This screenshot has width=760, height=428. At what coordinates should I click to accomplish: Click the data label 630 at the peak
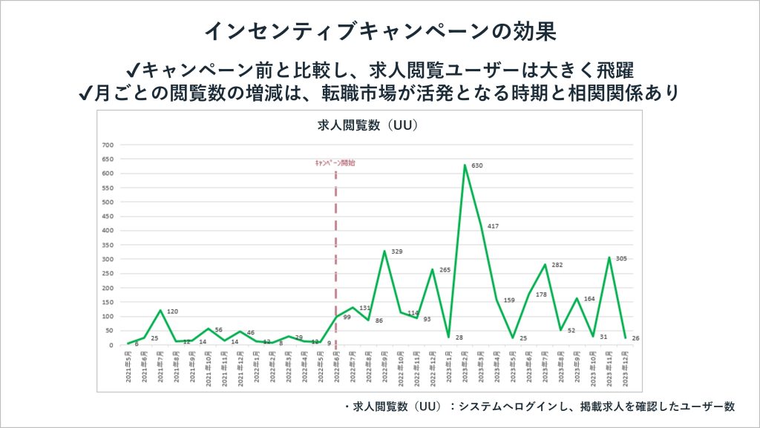(x=477, y=165)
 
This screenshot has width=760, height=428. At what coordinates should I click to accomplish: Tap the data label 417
(x=493, y=225)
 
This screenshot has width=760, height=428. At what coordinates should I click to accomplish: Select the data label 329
(x=397, y=252)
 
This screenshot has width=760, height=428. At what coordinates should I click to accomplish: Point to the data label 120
(x=173, y=312)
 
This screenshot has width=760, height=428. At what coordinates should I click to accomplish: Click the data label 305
(x=621, y=258)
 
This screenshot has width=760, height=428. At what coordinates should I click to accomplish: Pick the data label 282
(x=557, y=265)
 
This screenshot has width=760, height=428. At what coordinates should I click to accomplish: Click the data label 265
(x=445, y=270)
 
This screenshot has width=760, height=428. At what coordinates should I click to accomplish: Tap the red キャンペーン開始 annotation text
(x=335, y=162)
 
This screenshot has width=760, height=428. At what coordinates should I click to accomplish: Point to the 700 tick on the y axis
(x=107, y=145)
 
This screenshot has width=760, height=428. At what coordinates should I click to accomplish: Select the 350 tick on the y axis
(x=107, y=245)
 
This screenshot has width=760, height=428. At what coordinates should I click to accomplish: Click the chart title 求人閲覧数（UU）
(x=368, y=126)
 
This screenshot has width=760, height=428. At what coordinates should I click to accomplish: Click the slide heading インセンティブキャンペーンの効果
(x=379, y=31)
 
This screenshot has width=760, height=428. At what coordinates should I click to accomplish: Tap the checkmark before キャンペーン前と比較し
(x=133, y=70)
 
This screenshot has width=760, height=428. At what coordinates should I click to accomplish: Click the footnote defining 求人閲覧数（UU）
(x=540, y=406)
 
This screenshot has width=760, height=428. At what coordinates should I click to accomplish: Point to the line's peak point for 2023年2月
(x=465, y=165)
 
